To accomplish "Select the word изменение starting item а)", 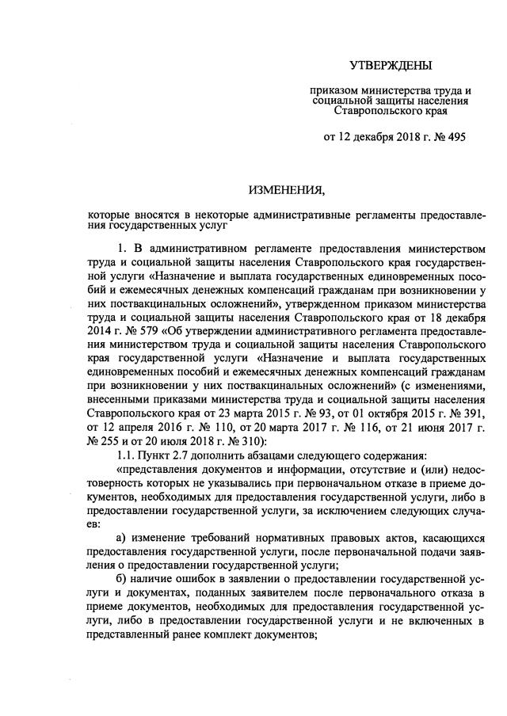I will pos(164,540).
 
